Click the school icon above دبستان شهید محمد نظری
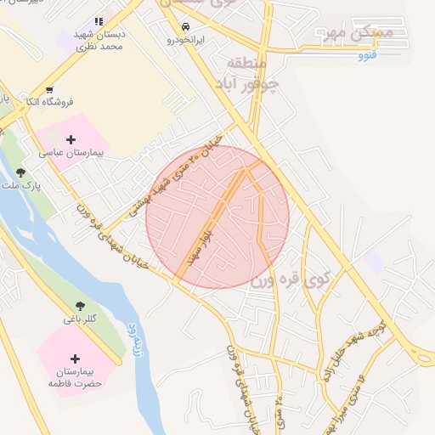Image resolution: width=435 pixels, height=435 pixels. [99, 21]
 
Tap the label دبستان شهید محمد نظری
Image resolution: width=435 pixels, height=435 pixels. [99, 39]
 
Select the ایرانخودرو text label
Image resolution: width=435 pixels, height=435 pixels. [185, 40]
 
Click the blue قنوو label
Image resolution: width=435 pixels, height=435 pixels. [367, 56]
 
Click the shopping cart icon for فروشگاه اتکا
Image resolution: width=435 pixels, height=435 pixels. [49, 89]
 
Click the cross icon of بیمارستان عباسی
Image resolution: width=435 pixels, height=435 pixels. [71, 139]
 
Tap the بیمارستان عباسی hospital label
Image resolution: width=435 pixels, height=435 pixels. [70, 154]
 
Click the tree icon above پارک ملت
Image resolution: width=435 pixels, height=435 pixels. [20, 172]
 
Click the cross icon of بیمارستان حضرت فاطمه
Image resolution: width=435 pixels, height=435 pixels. [76, 359]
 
